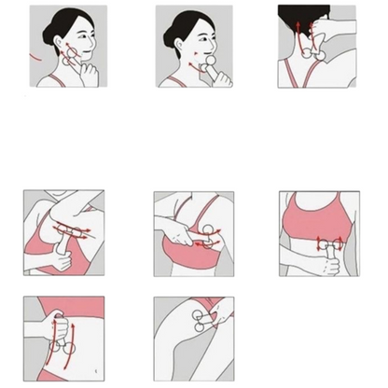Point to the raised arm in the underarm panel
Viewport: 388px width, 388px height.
click(x=56, y=207)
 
